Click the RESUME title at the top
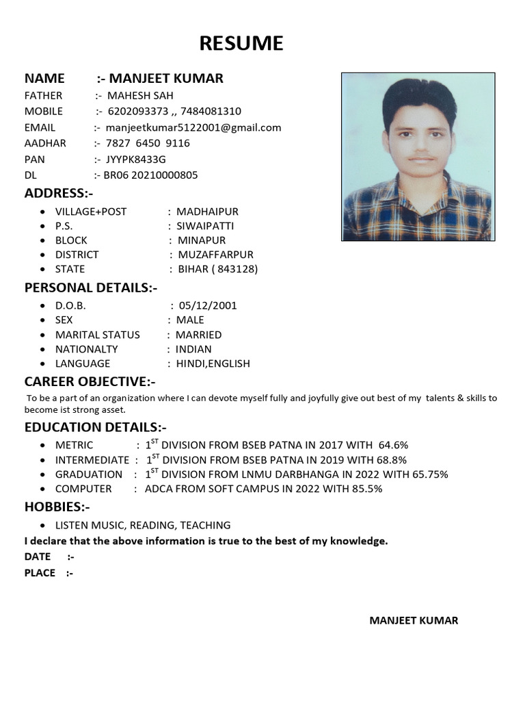pyautogui.click(x=241, y=44)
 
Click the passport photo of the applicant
pyautogui.click(x=418, y=157)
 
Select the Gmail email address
pyautogui.click(x=193, y=127)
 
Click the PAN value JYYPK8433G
pyautogui.click(x=135, y=159)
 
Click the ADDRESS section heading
pyautogui.click(x=59, y=193)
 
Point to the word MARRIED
pyautogui.click(x=198, y=335)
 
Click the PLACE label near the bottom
pyautogui.click(x=40, y=573)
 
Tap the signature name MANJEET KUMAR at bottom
pyautogui.click(x=414, y=620)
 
